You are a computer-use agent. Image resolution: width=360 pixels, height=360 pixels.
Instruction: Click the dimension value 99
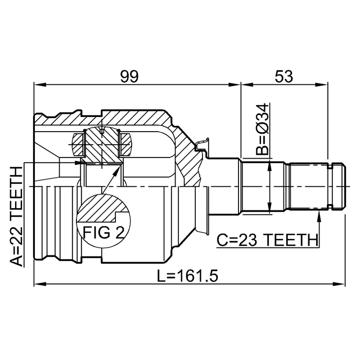point(129,76)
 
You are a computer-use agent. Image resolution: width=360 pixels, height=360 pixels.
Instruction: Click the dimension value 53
point(284,76)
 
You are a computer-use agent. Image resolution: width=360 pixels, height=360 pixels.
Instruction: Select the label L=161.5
point(187,276)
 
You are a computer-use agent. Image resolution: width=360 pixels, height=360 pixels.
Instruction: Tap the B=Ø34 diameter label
point(262,129)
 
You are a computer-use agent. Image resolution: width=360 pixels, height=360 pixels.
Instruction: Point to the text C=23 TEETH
point(268,240)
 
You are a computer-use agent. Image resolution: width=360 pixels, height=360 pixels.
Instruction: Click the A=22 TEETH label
point(16,216)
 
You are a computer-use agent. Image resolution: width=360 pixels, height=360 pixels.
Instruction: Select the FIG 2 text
point(103,232)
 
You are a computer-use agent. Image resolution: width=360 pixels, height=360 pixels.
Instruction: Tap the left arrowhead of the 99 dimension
point(40,85)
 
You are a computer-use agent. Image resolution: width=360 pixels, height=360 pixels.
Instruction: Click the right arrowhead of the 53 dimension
point(322,85)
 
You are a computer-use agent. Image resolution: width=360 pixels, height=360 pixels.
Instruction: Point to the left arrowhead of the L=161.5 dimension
point(40,284)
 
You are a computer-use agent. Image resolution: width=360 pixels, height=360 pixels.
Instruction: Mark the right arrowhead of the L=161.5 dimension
point(339,284)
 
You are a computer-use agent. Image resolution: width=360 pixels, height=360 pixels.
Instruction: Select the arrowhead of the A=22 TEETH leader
point(79,163)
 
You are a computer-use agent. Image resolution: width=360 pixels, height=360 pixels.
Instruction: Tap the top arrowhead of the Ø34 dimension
point(269,167)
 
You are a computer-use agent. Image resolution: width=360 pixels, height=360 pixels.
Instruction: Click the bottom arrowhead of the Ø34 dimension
point(269,208)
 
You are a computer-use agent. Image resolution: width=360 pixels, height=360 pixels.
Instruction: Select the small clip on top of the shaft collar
point(202,145)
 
